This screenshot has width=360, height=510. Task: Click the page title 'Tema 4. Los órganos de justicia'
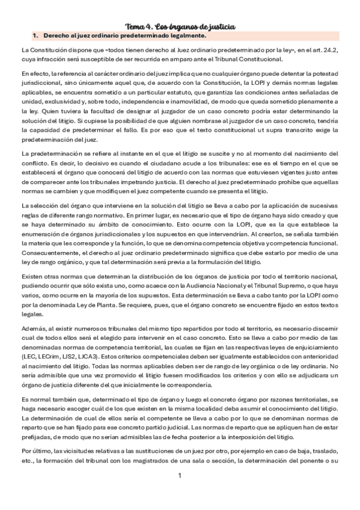point(180,26)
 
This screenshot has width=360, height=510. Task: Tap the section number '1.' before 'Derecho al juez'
point(35,36)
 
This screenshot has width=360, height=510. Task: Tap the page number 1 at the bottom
point(180,493)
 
